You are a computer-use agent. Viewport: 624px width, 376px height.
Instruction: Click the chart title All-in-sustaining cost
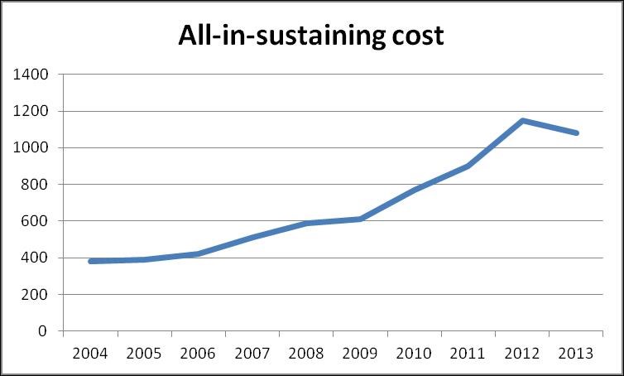312,36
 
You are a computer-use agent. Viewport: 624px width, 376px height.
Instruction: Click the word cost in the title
416,36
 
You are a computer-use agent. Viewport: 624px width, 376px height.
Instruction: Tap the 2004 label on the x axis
90,354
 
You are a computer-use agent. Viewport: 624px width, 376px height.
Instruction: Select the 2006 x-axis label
199,354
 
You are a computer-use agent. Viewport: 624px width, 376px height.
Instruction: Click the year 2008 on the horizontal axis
307,354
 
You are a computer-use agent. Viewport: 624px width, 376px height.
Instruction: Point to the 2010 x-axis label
415,354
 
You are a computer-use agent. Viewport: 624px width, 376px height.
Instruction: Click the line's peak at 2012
523,121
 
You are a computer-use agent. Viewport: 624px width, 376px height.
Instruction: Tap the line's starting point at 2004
90,261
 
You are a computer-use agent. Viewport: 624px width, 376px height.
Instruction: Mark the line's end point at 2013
577,133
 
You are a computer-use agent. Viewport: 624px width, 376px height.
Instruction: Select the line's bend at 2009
361,219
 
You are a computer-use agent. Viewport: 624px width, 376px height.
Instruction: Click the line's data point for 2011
469,166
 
